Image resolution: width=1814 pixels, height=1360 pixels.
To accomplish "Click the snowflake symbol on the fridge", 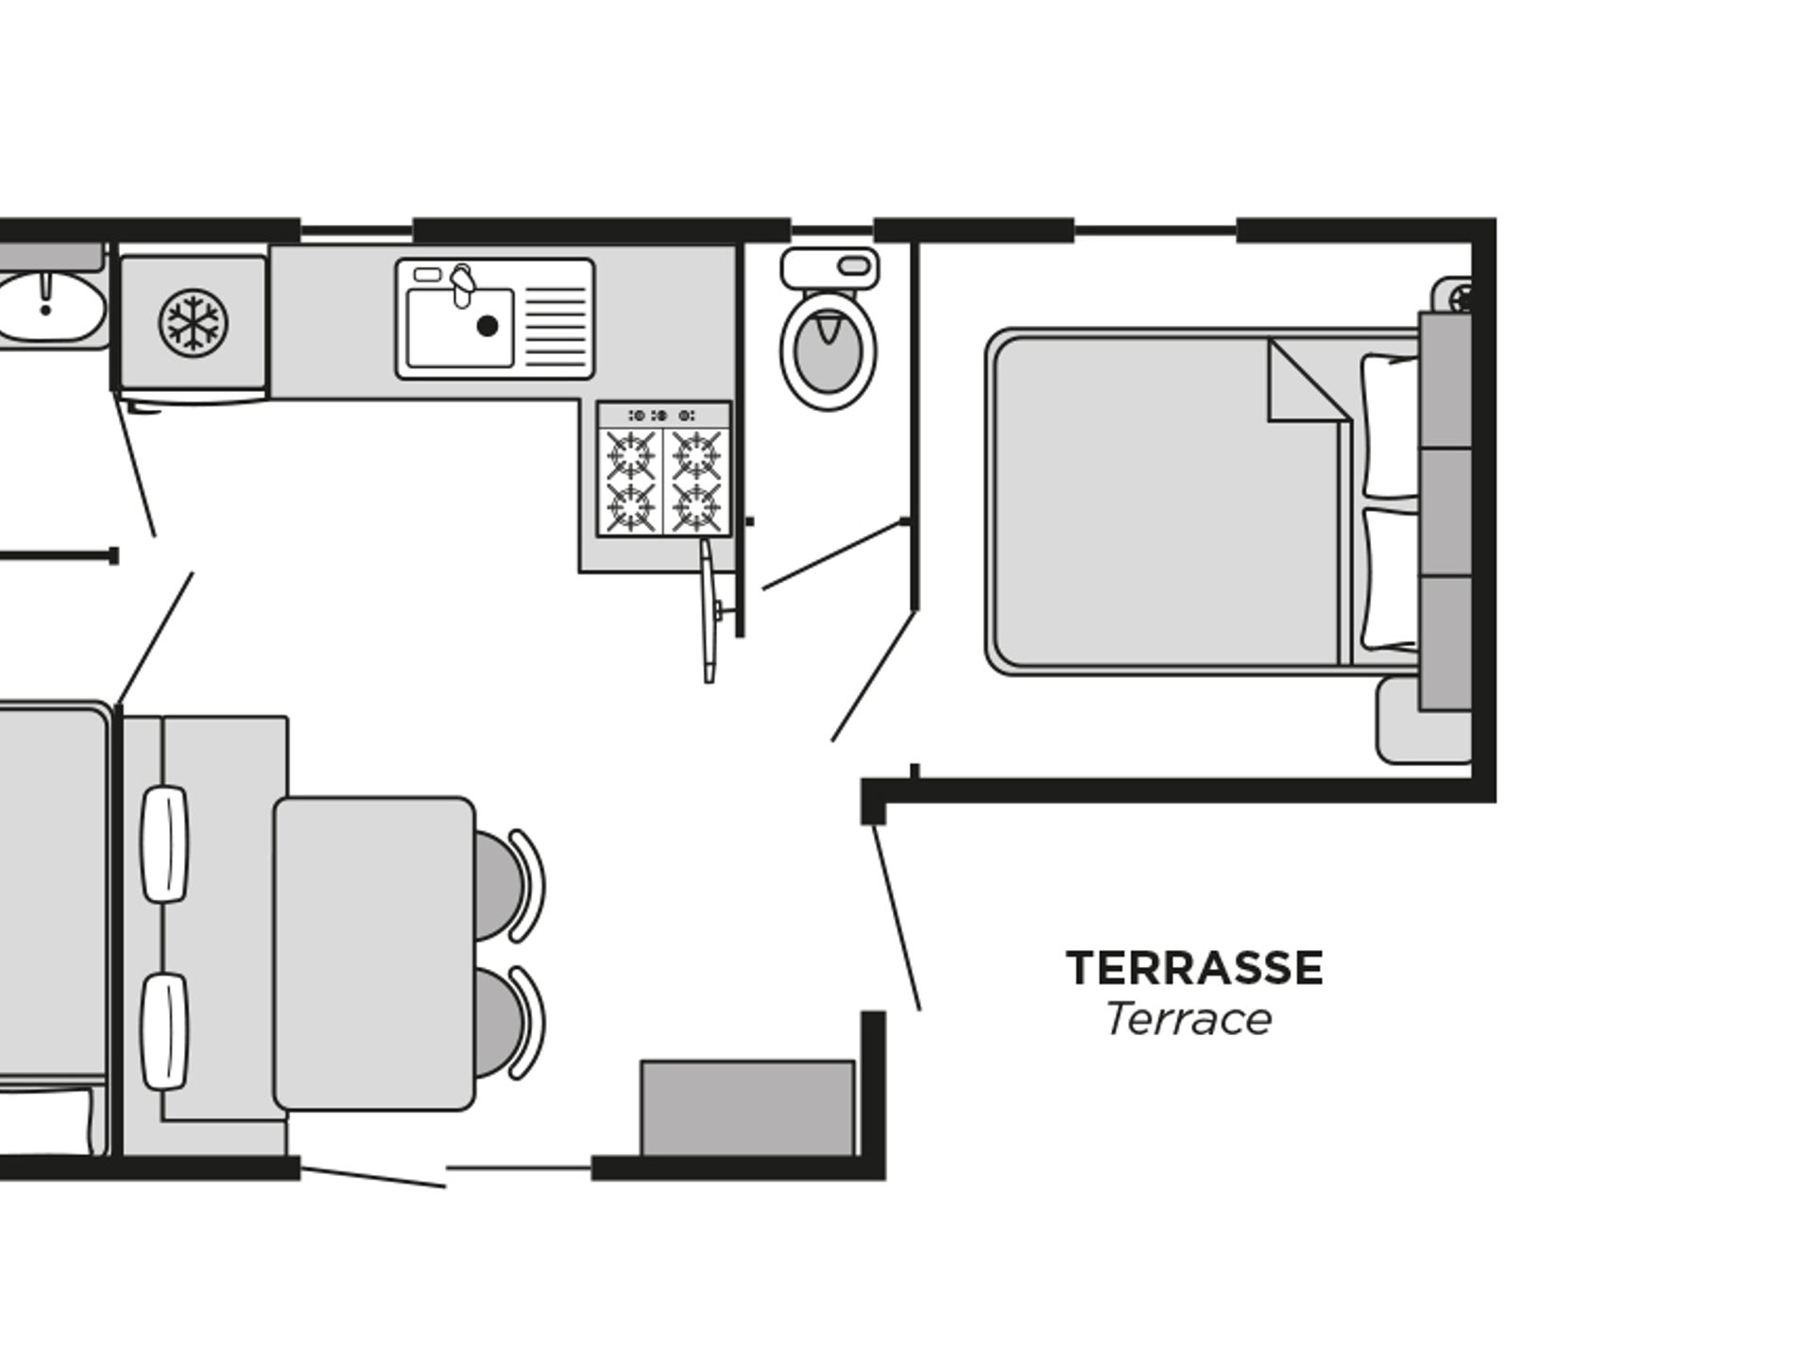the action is (193, 322).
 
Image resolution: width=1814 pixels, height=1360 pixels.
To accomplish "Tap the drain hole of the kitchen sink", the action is (488, 326).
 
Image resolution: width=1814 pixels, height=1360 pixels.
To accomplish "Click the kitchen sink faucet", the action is (461, 284).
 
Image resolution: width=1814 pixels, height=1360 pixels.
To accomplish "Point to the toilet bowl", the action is (829, 348).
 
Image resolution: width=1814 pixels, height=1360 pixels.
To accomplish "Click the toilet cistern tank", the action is (830, 268).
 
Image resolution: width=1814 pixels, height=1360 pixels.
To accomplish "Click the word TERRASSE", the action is (1195, 968).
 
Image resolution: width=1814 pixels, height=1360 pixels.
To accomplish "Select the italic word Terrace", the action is (1189, 1019).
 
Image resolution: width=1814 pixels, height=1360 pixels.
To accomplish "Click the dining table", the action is (374, 953).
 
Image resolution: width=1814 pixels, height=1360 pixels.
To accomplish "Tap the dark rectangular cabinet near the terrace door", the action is (747, 1107).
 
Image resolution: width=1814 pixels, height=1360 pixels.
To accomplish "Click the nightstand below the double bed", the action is (1422, 720).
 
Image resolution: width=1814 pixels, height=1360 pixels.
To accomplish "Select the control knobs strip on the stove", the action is (663, 415).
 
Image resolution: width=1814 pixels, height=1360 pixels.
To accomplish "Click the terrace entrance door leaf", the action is (896, 917).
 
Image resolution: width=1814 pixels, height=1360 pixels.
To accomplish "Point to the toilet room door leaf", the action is (833, 554).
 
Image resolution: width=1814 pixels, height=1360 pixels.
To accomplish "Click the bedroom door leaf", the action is (873, 676).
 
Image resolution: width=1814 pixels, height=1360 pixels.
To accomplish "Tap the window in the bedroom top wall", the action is (1155, 230).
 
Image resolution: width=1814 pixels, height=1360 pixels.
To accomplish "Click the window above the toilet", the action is (831, 230).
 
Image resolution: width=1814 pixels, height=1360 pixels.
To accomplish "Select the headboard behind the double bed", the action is (1446, 512).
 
